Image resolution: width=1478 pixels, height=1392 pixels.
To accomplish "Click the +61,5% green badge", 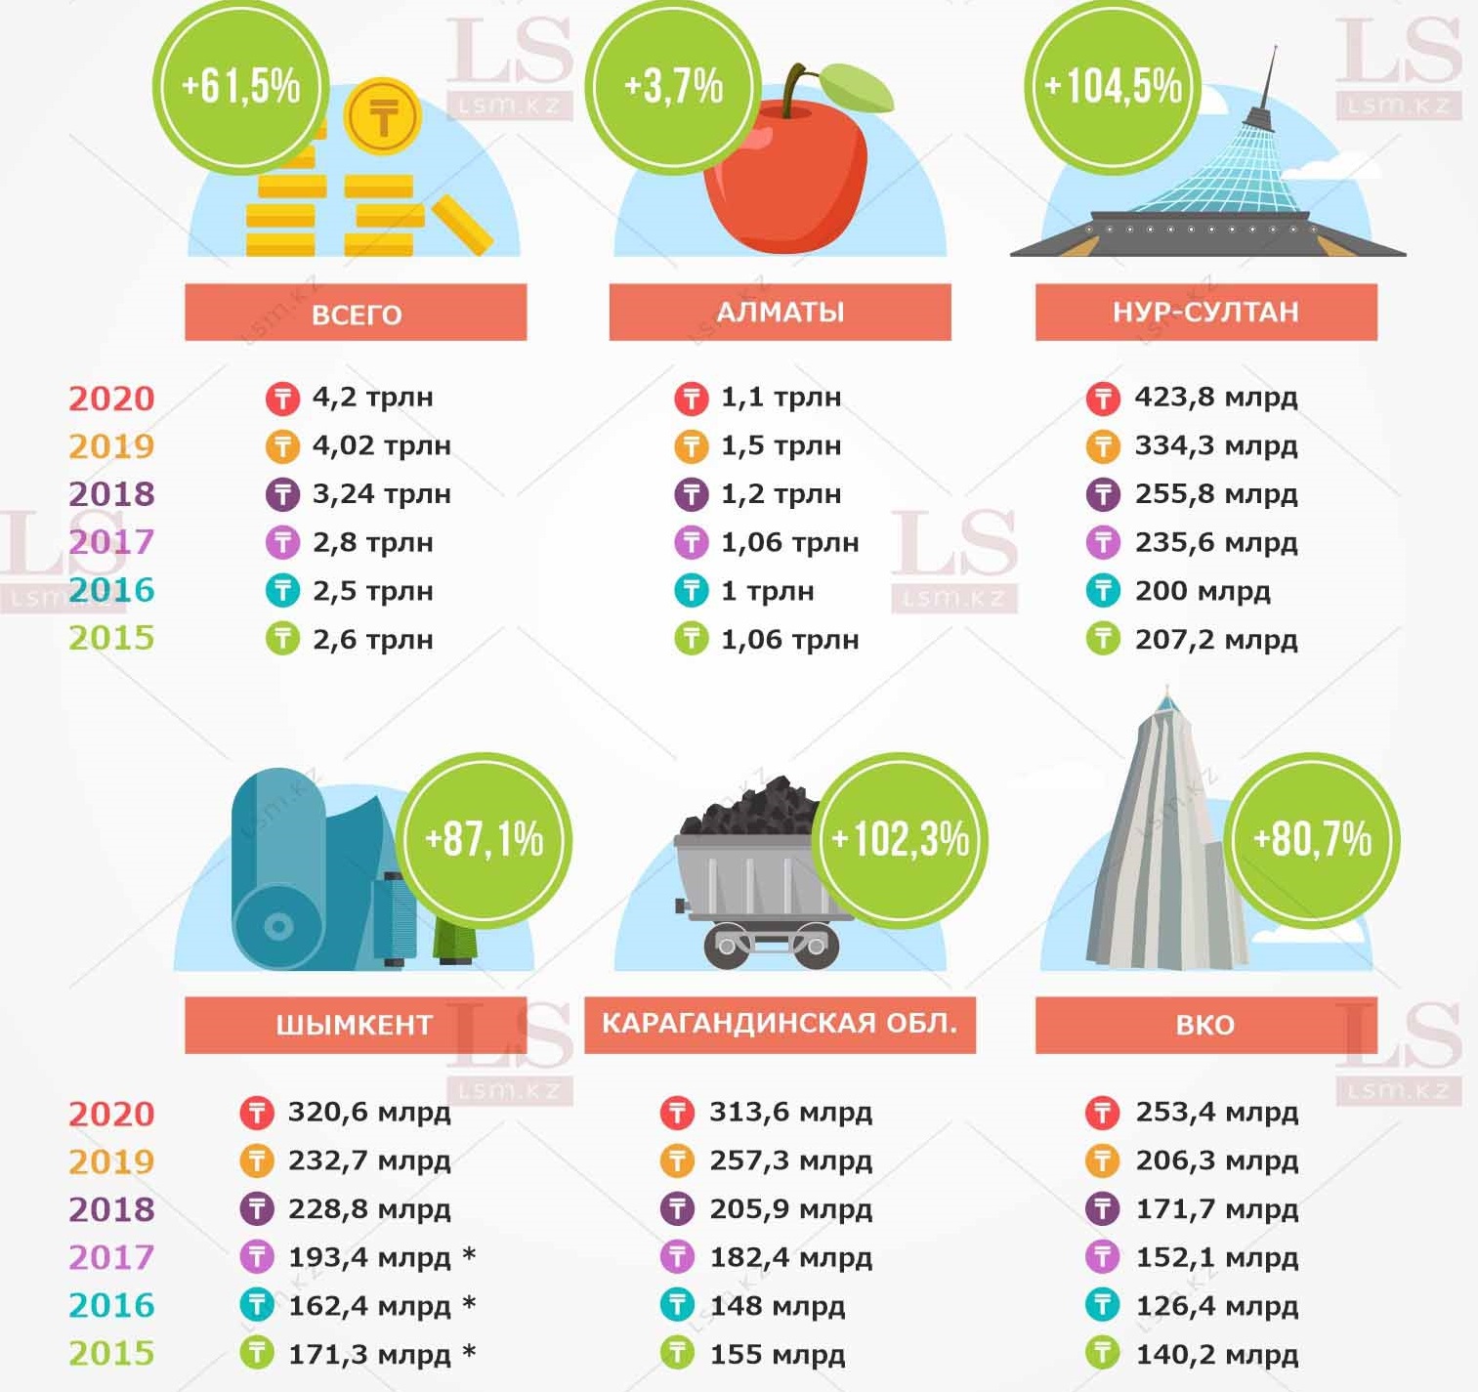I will pyautogui.click(x=240, y=88).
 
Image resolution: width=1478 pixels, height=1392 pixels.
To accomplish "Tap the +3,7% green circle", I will pyautogui.click(x=673, y=88).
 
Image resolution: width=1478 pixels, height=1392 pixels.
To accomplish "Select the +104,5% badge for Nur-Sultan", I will pyautogui.click(x=1113, y=88).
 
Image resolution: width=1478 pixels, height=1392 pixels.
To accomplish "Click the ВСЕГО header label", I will pyautogui.click(x=356, y=314).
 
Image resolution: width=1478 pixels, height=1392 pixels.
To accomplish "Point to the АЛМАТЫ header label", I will pyautogui.click(x=780, y=313).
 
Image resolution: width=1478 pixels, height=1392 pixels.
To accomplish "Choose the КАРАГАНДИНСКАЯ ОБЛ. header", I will pyautogui.click(x=780, y=1024).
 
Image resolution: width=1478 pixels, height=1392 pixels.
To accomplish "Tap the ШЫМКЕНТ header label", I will pyautogui.click(x=355, y=1025).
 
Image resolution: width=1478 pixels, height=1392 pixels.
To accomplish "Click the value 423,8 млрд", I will pyautogui.click(x=1215, y=398).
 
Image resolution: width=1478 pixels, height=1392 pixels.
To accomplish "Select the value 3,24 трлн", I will pyautogui.click(x=381, y=494).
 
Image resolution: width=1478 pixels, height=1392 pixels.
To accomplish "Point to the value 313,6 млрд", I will pyautogui.click(x=790, y=1113).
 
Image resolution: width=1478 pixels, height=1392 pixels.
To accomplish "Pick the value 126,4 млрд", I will pyautogui.click(x=1216, y=1306).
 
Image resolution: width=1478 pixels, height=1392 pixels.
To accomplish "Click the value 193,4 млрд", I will pyautogui.click(x=368, y=1257).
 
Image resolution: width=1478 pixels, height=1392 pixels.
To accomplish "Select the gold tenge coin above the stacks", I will pyautogui.click(x=382, y=117).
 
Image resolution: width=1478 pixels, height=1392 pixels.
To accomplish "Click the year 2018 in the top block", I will pyautogui.click(x=111, y=494).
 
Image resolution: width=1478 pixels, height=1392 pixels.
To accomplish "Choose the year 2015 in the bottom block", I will pyautogui.click(x=111, y=1354).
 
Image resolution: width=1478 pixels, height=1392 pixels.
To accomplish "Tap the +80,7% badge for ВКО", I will pyautogui.click(x=1312, y=840).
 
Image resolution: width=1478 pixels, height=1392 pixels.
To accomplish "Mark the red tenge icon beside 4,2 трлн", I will pyautogui.click(x=282, y=399).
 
